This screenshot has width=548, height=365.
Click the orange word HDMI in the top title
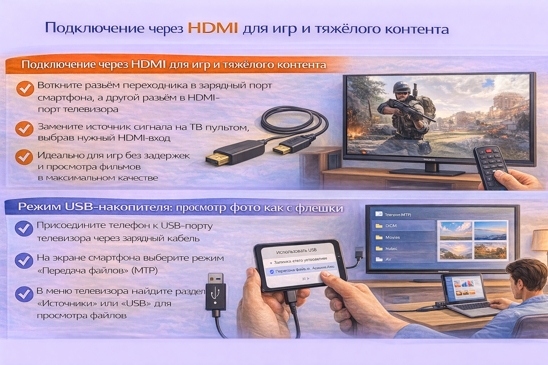coord(213,28)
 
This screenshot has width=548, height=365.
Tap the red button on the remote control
coord(488,151)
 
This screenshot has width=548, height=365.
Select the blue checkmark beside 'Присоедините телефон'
coord(24,228)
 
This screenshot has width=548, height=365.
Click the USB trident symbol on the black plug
coord(215,293)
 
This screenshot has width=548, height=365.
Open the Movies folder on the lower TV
coord(392,237)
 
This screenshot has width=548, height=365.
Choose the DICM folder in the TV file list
coord(391,226)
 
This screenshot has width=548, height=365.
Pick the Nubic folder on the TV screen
coord(391,249)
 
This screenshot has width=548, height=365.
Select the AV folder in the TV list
coord(388,259)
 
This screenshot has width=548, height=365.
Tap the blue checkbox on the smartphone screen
coord(272,272)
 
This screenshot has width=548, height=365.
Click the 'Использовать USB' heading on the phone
coord(296,251)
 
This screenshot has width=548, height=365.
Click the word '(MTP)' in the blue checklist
coord(144,271)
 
